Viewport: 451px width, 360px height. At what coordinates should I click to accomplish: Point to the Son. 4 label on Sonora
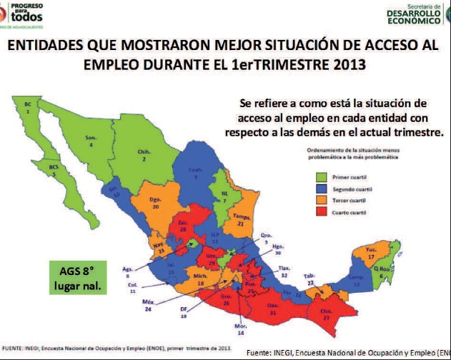coord(91,141)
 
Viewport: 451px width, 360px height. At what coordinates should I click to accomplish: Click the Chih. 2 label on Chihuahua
coord(143,155)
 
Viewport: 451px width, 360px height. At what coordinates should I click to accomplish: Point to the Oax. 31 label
coord(272,309)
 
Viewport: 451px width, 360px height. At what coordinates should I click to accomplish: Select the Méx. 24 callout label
coord(149,306)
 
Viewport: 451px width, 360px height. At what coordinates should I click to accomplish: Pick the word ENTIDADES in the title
coord(51,46)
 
